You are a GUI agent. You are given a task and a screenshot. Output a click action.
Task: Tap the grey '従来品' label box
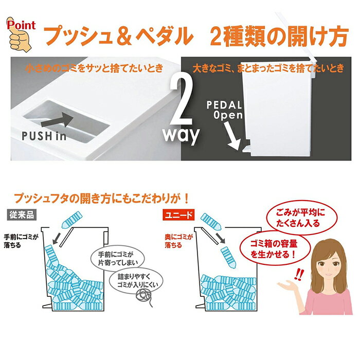(x=20, y=213)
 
